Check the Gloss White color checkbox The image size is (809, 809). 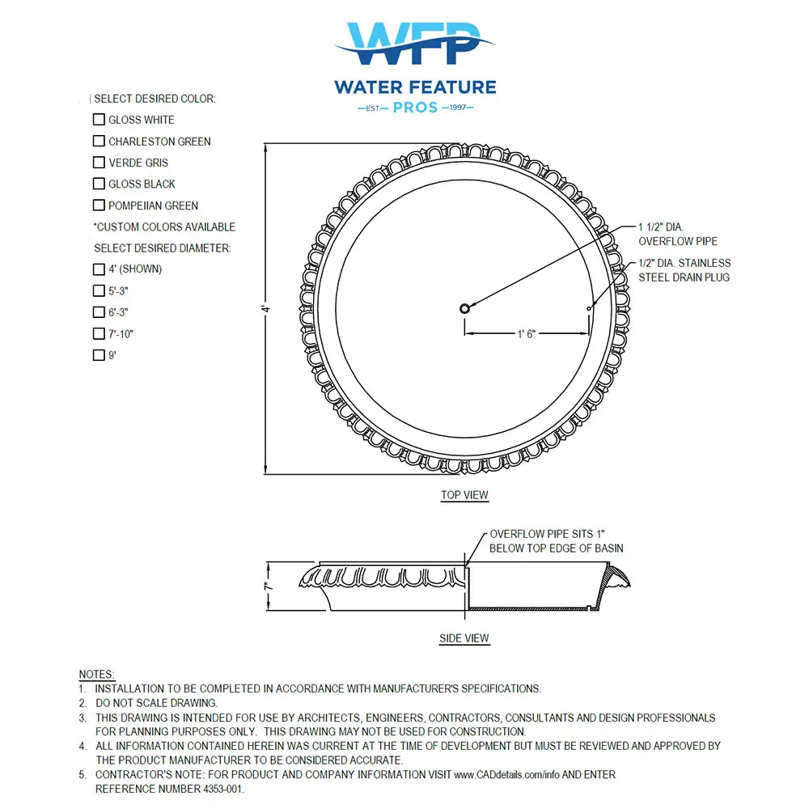tap(99, 120)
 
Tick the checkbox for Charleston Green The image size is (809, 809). tap(99, 141)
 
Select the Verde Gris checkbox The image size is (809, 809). tap(99, 163)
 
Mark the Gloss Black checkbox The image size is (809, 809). tap(99, 184)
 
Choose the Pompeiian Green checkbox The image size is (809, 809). tap(99, 205)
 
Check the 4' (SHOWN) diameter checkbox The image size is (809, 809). tap(99, 269)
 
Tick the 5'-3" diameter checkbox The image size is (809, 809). tap(99, 290)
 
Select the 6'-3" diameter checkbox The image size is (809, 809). tap(99, 312)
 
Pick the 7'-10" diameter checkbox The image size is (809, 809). tap(99, 334)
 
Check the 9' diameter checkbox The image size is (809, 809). tap(99, 355)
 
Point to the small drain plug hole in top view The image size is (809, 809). tap(589, 308)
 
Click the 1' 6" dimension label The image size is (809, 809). tap(527, 334)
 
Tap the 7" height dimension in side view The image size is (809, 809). tap(267, 586)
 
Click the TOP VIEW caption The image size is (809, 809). tap(464, 495)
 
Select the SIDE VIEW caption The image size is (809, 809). tap(464, 638)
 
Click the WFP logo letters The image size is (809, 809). tap(413, 44)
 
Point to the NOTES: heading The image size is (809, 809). tap(96, 675)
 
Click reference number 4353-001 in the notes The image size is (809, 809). tap(223, 789)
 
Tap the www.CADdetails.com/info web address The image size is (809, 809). tap(506, 774)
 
